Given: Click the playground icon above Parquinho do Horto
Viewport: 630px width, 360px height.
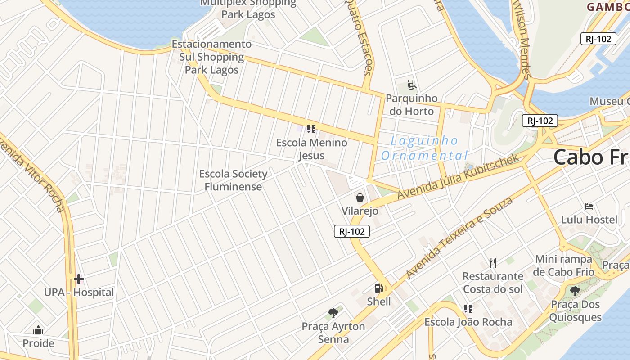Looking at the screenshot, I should tap(412, 85).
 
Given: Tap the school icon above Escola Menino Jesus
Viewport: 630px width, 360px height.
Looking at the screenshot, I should tap(311, 129).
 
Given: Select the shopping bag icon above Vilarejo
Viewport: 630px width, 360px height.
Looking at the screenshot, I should tap(360, 198).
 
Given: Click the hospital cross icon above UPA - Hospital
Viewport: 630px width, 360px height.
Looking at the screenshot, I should tap(79, 279).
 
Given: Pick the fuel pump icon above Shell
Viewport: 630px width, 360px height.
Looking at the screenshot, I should tap(379, 288).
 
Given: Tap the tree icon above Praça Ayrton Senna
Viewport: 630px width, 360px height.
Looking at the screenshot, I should tap(333, 313).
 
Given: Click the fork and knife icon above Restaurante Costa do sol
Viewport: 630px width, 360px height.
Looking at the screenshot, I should tap(493, 262).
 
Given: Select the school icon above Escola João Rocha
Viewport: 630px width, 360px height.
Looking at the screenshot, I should tap(468, 309).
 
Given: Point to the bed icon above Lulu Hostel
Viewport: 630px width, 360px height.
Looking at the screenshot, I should tap(589, 207).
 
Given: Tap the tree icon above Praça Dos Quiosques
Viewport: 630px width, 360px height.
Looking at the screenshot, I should tap(575, 291).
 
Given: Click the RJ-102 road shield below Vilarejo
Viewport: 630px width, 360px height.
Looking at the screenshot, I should tap(352, 231).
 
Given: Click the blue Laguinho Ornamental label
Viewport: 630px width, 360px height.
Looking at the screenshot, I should tap(424, 148).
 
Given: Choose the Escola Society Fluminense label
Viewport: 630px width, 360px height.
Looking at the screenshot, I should tap(233, 180).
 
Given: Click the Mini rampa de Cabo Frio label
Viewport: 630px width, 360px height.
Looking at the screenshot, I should tap(564, 265).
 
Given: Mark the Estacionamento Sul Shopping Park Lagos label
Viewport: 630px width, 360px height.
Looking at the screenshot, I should tap(211, 57).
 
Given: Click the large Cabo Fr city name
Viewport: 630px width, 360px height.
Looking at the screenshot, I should tap(591, 157).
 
